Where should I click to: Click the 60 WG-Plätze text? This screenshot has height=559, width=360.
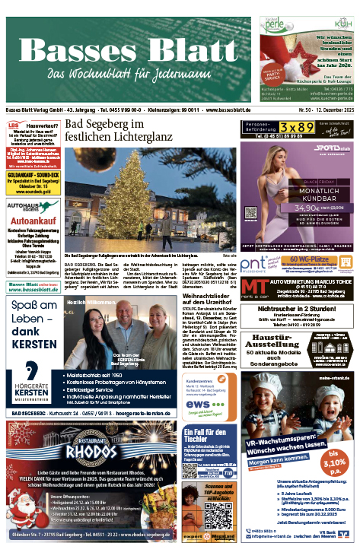click(314, 259)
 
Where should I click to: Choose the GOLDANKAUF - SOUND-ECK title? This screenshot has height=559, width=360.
click(30, 175)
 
